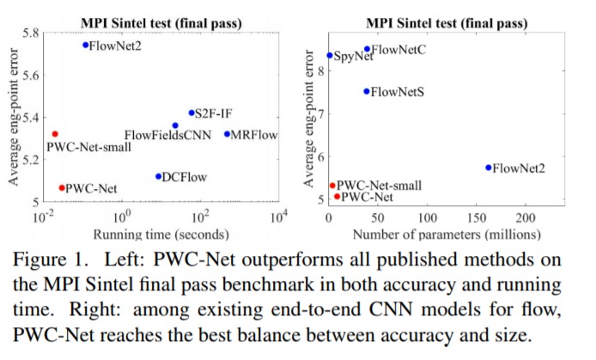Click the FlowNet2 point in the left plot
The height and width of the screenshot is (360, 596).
click(x=85, y=45)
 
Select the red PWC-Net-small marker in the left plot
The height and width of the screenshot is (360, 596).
click(x=55, y=134)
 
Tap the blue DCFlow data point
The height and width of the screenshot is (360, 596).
click(x=158, y=176)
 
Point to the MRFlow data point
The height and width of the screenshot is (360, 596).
click(x=227, y=134)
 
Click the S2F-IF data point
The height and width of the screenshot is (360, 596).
click(x=191, y=113)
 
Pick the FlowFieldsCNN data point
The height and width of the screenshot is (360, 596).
click(x=175, y=125)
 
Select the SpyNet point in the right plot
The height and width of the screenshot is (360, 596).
click(x=330, y=56)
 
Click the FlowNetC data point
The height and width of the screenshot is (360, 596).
click(x=367, y=49)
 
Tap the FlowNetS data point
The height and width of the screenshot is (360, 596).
click(x=367, y=91)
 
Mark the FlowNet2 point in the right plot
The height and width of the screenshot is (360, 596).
click(x=489, y=168)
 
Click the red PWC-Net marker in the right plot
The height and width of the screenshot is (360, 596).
click(x=337, y=197)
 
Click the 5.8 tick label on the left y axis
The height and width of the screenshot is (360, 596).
click(x=30, y=33)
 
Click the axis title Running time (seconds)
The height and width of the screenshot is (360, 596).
click(x=161, y=234)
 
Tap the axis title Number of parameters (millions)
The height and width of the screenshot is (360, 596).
click(x=446, y=234)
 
